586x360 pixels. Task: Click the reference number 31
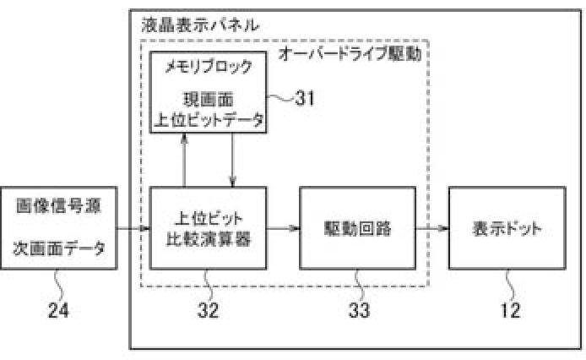304,97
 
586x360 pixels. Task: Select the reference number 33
358,310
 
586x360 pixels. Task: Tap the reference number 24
58,310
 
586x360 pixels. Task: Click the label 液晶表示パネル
200,25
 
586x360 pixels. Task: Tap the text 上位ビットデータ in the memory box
208,119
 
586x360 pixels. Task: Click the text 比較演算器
208,238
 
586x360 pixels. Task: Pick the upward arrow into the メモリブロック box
184,161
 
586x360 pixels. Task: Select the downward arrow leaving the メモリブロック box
232,161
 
